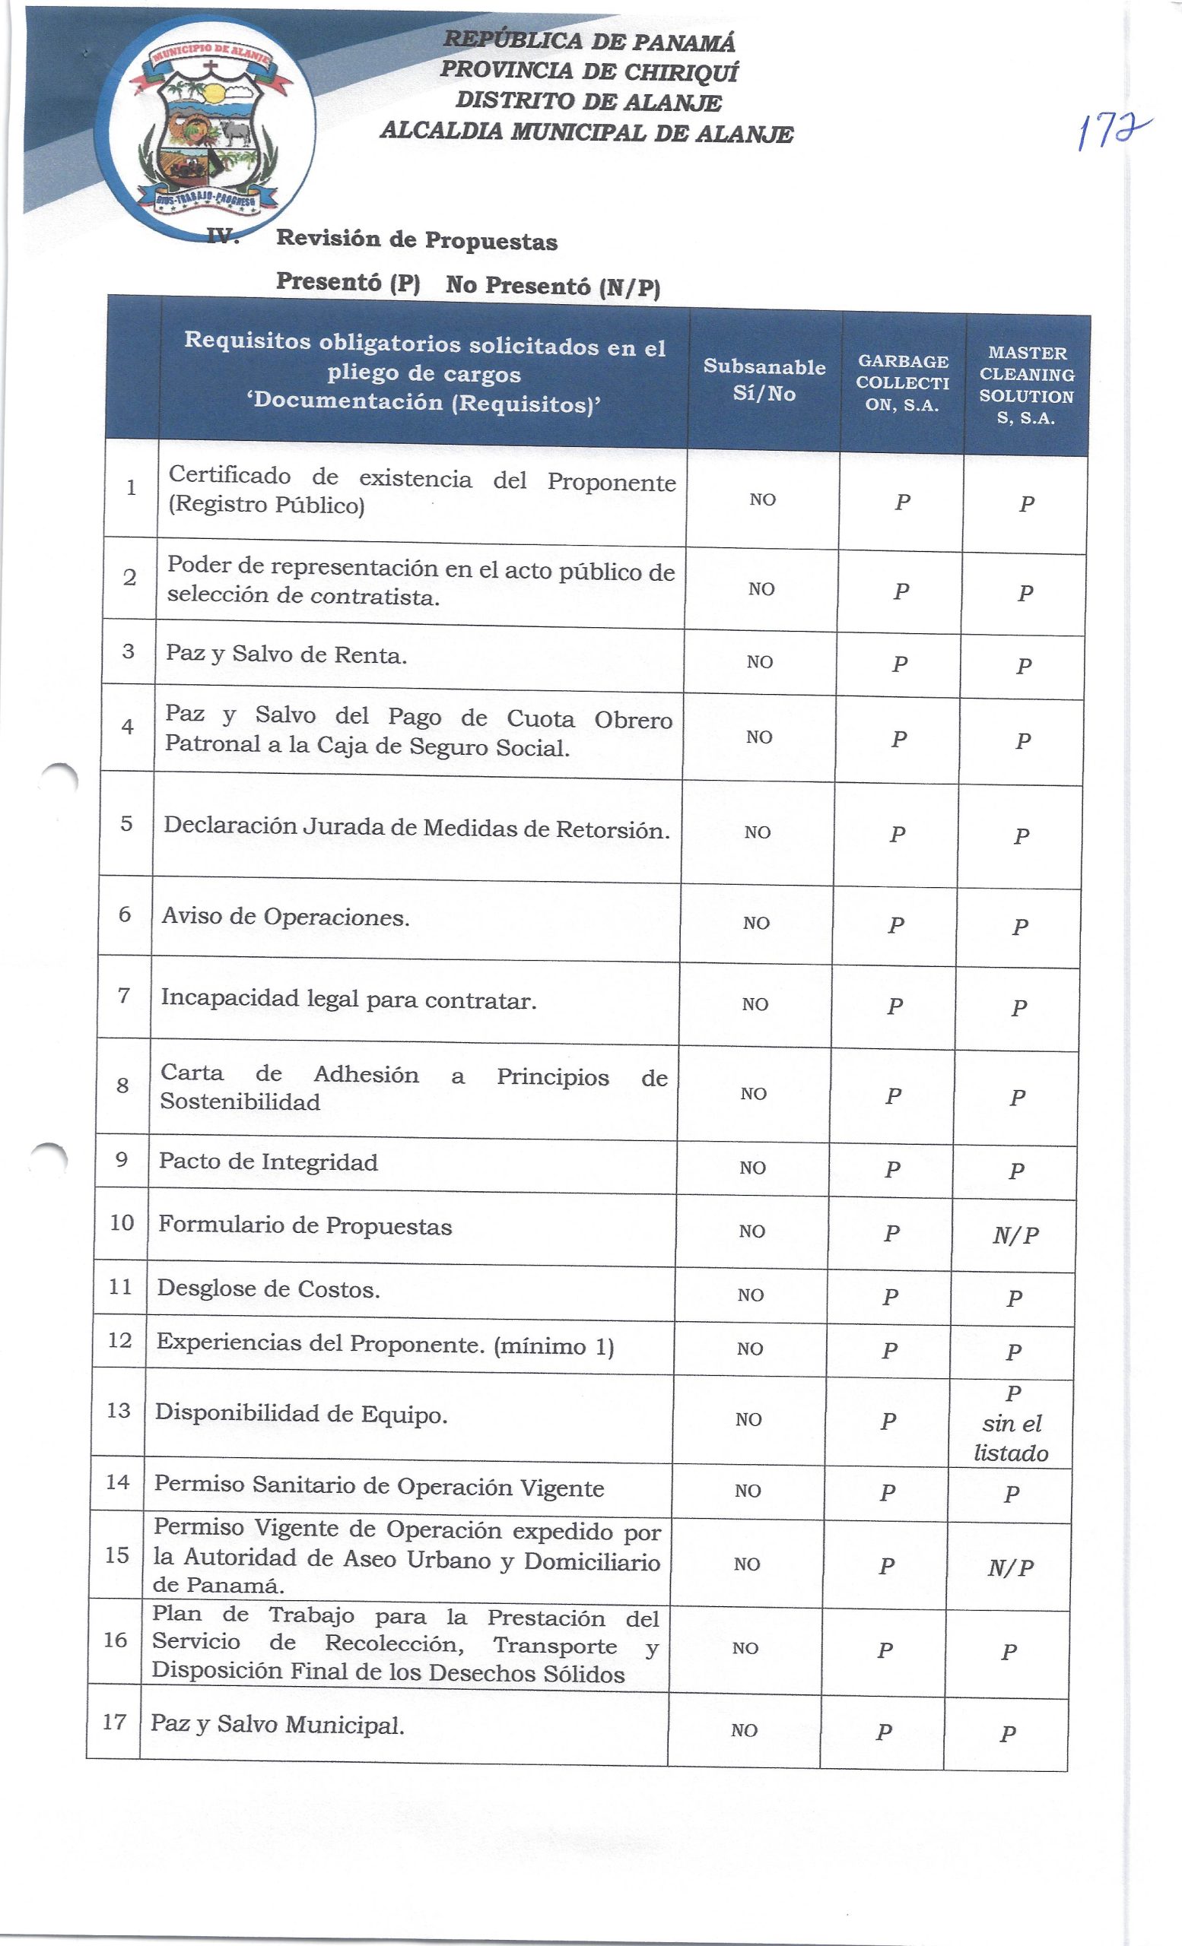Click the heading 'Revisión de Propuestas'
click(416, 240)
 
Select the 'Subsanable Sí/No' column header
click(764, 380)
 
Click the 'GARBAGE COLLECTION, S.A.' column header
click(903, 383)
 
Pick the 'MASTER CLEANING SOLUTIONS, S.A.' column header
click(1027, 385)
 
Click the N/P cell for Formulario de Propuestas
click(1016, 1235)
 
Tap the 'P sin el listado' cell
click(1012, 1423)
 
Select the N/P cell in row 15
click(1011, 1567)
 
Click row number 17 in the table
click(115, 1721)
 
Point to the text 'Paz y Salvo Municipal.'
click(278, 1723)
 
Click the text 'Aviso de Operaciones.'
click(285, 917)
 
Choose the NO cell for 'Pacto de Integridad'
click(752, 1168)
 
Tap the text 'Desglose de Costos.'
click(268, 1289)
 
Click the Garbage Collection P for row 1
click(902, 502)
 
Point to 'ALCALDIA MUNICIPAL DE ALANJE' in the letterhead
click(586, 132)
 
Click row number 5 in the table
click(126, 824)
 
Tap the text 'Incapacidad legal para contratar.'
click(348, 1000)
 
